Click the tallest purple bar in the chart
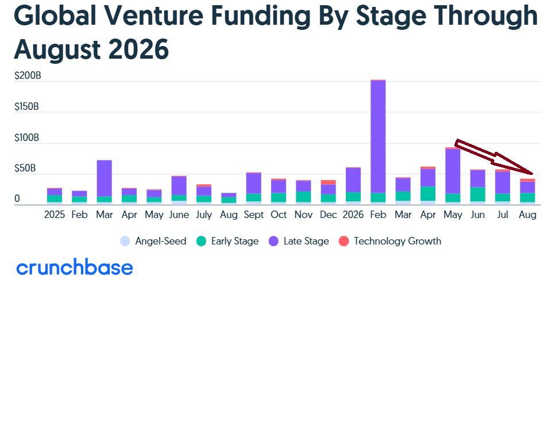[378, 136]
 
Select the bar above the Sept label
[253, 188]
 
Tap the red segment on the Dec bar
[328, 182]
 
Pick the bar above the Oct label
[279, 191]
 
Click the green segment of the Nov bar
[303, 197]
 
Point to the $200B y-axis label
[28, 75]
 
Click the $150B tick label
[26, 106]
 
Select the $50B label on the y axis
[25, 168]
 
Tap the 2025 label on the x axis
[55, 215]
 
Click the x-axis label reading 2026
[353, 215]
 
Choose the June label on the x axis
[179, 215]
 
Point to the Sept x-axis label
[253, 215]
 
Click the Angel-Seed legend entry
[153, 241]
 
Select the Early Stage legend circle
[201, 241]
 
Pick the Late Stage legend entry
[299, 241]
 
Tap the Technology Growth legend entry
[390, 241]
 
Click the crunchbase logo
[75, 267]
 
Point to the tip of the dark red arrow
[533, 174]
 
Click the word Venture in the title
[154, 16]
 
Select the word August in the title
[57, 49]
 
